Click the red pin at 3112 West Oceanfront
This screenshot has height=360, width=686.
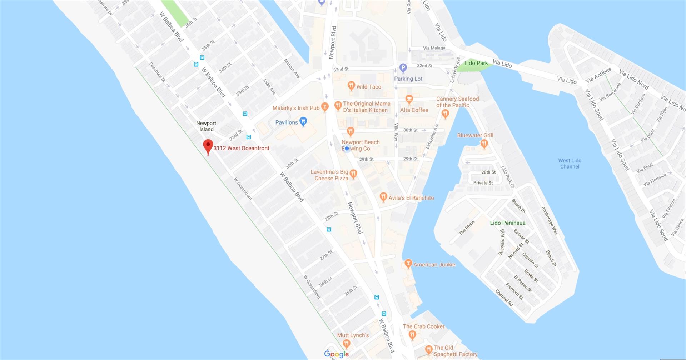[208, 146]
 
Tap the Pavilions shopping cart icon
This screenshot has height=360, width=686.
[303, 121]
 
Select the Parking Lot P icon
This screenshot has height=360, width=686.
[403, 68]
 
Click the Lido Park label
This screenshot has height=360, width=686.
[476, 63]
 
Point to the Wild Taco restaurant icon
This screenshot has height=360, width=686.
[351, 86]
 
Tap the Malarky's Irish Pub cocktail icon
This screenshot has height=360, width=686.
[324, 106]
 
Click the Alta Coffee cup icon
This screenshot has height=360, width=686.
[409, 99]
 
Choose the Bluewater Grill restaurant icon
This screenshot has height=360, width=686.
[484, 144]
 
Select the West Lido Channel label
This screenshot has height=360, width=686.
[570, 164]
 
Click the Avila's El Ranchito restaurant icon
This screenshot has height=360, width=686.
[383, 197]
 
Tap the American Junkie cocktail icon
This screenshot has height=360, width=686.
[408, 264]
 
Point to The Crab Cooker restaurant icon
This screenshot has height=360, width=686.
[412, 335]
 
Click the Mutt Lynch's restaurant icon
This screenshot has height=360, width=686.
[346, 344]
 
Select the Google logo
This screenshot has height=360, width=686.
[336, 354]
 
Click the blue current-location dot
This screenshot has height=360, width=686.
[347, 149]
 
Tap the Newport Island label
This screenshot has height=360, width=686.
[206, 126]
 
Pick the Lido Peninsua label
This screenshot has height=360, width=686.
[507, 223]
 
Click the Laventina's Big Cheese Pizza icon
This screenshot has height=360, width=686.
[353, 174]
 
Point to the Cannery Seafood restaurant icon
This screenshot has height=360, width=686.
[445, 114]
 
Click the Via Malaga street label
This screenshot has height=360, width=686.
[434, 48]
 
